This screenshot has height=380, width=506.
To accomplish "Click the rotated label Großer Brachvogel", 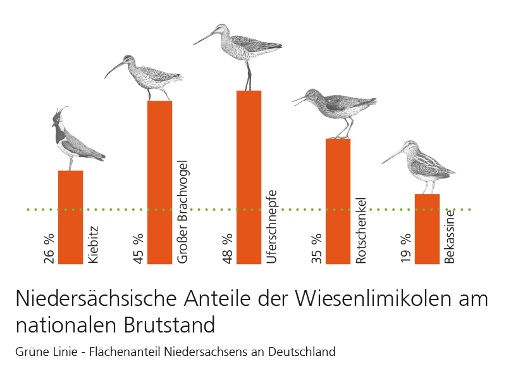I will click(x=183, y=212).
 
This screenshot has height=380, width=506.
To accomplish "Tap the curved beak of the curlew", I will click(x=114, y=67).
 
